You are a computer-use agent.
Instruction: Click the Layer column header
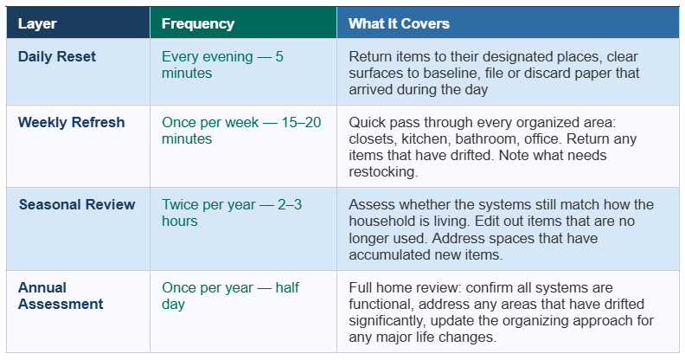(37, 23)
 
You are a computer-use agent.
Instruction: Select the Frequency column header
(198, 23)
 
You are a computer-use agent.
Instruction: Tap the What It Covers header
(399, 23)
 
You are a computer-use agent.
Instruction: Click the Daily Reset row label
(57, 56)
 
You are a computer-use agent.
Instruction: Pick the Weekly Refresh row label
(71, 122)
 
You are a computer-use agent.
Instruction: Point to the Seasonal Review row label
(77, 204)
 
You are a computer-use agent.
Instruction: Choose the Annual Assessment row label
(61, 296)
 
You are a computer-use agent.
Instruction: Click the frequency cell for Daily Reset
(222, 65)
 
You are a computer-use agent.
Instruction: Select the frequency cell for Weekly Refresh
(241, 131)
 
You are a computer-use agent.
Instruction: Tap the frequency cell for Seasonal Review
(232, 213)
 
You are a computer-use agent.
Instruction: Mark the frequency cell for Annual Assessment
(230, 296)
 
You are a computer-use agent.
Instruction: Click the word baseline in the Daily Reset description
(446, 73)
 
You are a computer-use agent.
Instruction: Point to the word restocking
(383, 172)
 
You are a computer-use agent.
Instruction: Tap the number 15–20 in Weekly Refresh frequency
(301, 122)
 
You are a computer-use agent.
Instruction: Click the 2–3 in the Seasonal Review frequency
(290, 204)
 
